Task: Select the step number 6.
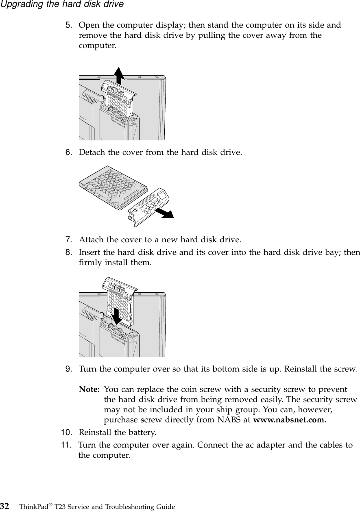point(70,152)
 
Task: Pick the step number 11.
point(67,445)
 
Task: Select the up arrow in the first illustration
point(118,75)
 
